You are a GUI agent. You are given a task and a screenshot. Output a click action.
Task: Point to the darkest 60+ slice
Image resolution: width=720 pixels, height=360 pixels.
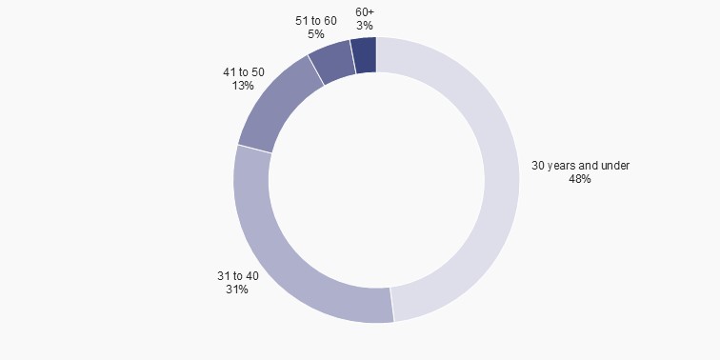[364, 55]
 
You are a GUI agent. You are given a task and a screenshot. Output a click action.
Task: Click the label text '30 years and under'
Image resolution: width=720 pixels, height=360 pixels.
[580, 166]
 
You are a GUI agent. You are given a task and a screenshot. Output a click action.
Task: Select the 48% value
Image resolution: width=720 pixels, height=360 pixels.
[580, 179]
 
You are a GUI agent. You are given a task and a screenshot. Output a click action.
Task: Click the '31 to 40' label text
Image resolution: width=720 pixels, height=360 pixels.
[237, 276]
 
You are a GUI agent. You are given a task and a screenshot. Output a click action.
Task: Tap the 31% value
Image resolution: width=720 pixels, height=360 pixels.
[237, 290]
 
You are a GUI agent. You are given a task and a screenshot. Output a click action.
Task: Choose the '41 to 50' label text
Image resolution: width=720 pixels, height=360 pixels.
[242, 71]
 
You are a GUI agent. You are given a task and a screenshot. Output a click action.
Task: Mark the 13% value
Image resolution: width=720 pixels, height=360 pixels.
[242, 85]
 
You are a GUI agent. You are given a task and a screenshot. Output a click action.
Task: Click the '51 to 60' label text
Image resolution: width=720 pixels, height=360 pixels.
[316, 21]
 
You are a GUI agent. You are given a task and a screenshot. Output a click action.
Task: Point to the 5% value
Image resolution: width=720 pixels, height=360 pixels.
[316, 34]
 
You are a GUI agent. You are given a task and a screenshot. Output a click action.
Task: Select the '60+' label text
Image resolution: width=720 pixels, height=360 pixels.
[365, 12]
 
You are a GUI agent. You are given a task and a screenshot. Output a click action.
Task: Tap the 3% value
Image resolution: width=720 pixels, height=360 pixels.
[365, 26]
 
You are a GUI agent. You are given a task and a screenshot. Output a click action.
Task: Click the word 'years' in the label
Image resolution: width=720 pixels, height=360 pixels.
[564, 166]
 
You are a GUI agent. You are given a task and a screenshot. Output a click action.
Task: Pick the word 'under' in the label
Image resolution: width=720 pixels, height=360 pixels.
[615, 166]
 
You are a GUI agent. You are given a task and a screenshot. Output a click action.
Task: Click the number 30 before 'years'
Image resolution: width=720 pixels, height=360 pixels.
[538, 166]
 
